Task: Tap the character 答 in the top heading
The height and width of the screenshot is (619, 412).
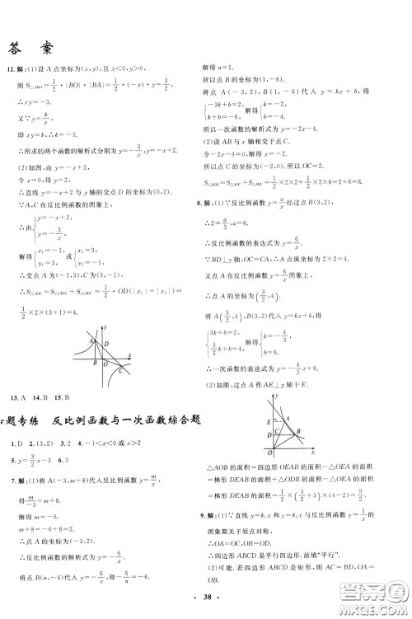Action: point(17,47)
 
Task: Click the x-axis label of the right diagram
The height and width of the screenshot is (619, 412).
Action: point(313,453)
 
